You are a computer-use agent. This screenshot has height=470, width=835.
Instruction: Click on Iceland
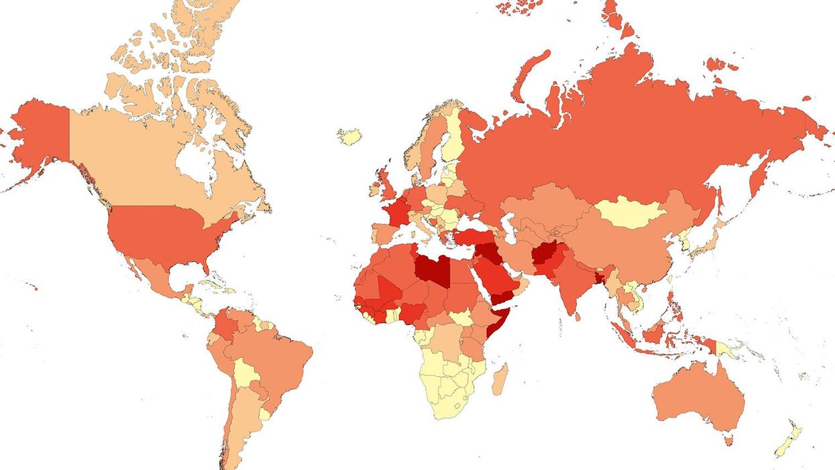coord(349,137)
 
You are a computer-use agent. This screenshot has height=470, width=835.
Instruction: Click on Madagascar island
coord(500,379)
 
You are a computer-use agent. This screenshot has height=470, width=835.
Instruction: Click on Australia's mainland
coord(698,396)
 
